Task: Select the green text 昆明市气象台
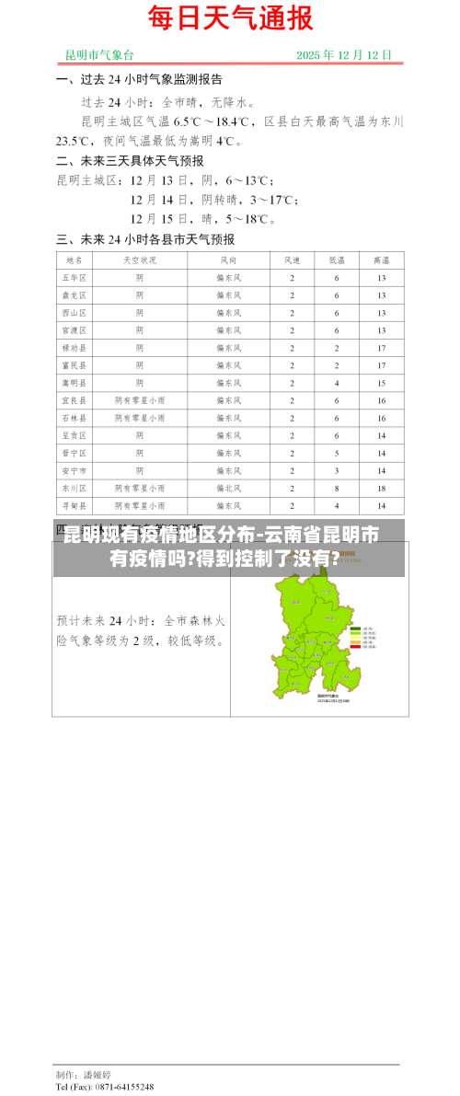99,54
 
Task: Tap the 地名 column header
74,260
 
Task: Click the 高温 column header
380,260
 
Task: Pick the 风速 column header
293,260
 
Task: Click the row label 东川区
74,488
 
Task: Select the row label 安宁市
74,470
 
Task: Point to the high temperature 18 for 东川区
380,488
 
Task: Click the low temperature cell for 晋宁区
337,453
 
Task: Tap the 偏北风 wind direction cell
228,488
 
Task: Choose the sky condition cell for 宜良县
140,400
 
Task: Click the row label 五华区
74,278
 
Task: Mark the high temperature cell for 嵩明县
380,383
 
